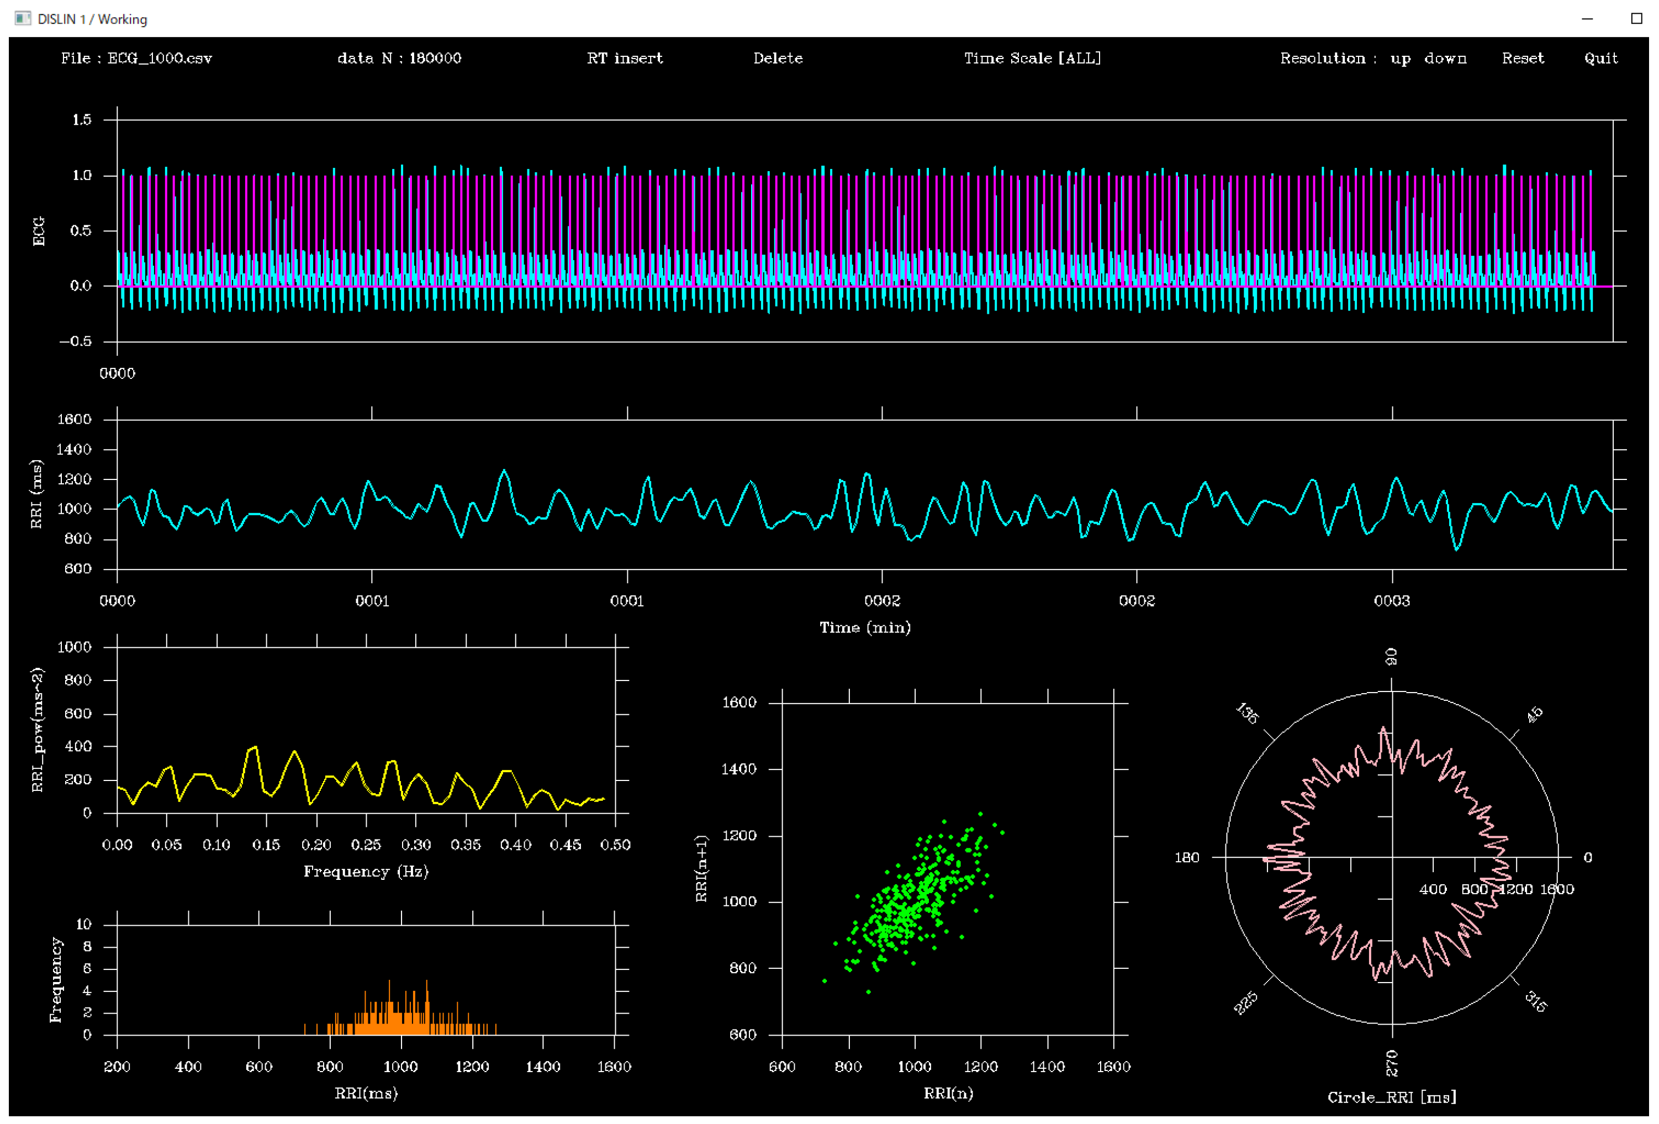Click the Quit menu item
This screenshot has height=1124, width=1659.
point(1600,59)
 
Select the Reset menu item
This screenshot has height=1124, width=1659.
point(1522,59)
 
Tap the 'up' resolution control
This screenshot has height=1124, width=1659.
point(1400,59)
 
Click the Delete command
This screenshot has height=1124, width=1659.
point(778,59)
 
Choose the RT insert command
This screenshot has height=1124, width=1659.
point(625,59)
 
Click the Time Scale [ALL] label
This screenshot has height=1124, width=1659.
point(1032,59)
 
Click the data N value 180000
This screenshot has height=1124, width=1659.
point(435,59)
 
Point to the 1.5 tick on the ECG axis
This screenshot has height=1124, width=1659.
point(82,120)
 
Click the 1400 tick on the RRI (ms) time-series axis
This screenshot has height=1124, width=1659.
point(74,449)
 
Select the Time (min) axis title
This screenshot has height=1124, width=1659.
point(864,627)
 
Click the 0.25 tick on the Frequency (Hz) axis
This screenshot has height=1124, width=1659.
point(366,845)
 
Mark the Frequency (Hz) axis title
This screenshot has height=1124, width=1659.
point(366,871)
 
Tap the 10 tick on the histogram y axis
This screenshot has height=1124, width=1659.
point(83,924)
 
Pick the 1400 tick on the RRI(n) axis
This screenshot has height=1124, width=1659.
point(1047,1066)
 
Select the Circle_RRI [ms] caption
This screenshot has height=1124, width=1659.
point(1391,1097)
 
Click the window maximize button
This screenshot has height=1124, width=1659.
point(1637,19)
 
